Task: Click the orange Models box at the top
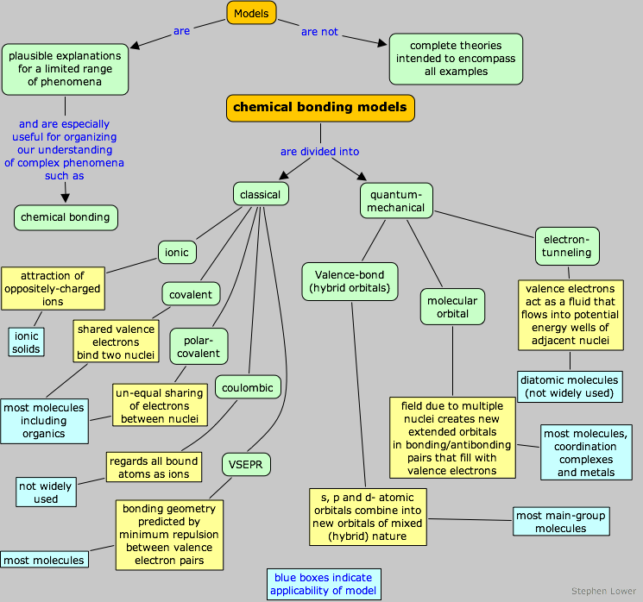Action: tap(251, 13)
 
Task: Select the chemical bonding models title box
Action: tap(320, 108)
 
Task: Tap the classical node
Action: tap(260, 194)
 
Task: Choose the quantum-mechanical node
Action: tap(396, 200)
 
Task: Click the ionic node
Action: tap(177, 252)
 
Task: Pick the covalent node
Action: tap(191, 294)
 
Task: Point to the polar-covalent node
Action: tap(199, 346)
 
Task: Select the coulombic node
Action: tap(249, 387)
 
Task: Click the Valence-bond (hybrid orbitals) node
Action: tap(350, 280)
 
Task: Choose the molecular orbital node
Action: tap(452, 306)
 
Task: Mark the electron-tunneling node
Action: tap(567, 246)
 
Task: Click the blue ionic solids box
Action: tap(26, 342)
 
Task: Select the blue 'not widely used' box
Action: tap(46, 492)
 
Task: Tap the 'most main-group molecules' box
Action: tap(560, 521)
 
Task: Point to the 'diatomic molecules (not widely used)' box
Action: tap(571, 386)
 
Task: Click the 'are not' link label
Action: tap(319, 32)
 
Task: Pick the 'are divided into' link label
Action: tap(319, 152)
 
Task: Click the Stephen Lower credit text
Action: tap(603, 592)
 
